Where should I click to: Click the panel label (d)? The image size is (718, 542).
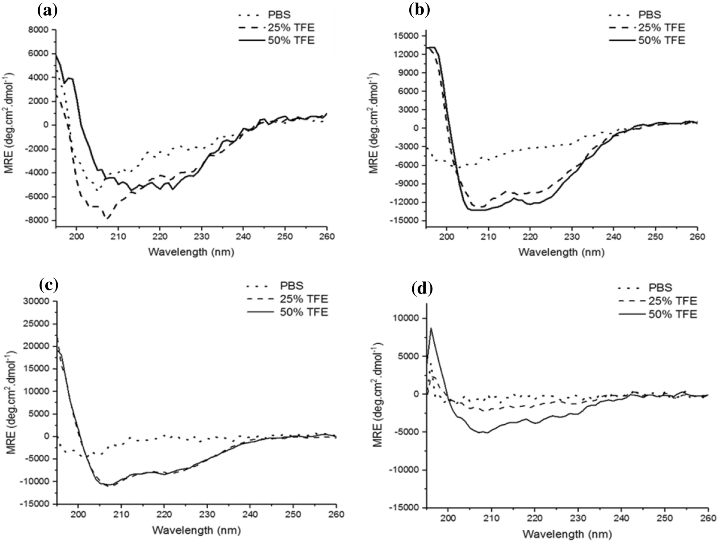pos(422,289)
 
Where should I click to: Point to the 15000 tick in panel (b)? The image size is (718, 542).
pos(406,36)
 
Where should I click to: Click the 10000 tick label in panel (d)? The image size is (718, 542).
pos(406,318)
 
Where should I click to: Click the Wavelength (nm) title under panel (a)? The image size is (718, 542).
pos(191,252)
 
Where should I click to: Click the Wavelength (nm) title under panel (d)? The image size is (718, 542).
pos(567,534)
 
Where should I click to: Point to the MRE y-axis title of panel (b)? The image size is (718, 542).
pos(373,123)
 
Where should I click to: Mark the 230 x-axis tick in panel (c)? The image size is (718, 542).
pos(207,514)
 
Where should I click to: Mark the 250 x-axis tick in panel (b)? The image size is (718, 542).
pos(655,237)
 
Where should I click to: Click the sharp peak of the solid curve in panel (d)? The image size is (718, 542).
pos(431,328)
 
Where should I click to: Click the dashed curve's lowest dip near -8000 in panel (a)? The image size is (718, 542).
pos(107,218)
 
